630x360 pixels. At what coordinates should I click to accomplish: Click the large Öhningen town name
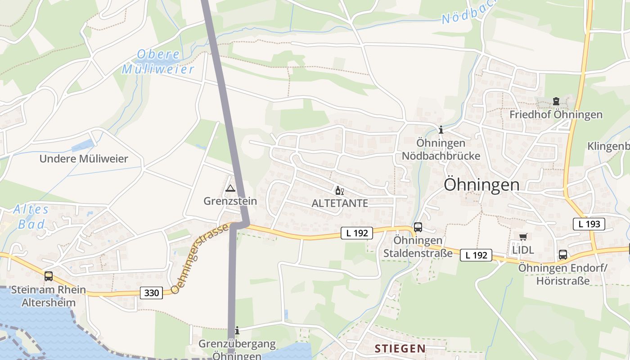click(481, 184)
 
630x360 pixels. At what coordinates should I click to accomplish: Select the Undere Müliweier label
click(84, 158)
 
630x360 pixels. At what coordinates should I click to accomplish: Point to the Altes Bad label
click(31, 217)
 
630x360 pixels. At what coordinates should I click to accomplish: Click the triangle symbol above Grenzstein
click(230, 188)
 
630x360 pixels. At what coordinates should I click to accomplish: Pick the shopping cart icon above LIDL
click(522, 237)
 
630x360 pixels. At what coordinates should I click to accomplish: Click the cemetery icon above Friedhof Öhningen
click(556, 101)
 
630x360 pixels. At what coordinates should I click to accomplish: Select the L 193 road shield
click(589, 224)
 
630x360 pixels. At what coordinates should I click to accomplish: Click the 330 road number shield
click(152, 293)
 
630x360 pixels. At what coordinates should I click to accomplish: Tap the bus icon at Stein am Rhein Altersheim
click(48, 276)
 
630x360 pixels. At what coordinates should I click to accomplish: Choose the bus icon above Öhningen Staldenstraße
click(418, 227)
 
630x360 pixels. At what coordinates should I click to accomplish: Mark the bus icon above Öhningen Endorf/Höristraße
click(562, 255)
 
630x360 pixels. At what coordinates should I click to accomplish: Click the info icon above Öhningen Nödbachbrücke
click(441, 130)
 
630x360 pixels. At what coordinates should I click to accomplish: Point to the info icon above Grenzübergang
click(237, 331)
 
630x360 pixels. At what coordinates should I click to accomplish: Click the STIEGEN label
click(400, 348)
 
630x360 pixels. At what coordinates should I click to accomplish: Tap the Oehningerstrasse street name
click(200, 259)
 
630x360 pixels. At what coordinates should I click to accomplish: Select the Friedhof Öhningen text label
click(556, 114)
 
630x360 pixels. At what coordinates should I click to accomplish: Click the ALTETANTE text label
click(340, 203)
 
